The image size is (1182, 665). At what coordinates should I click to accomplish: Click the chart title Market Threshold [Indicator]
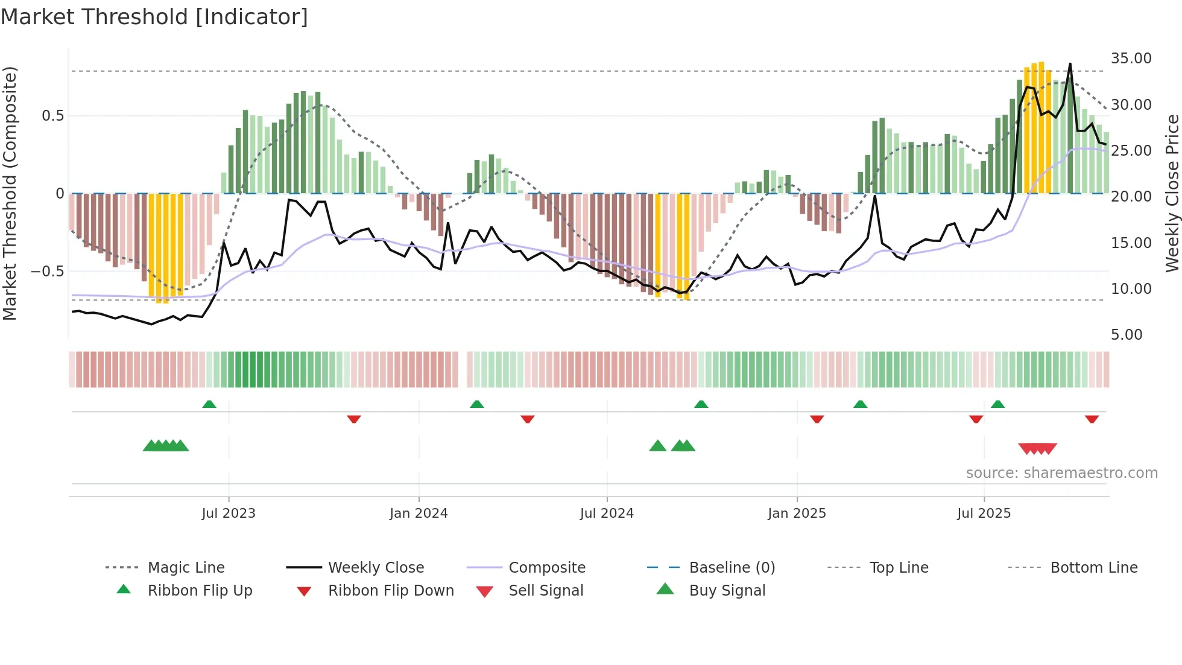(154, 17)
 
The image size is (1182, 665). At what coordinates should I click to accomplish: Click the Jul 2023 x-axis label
(229, 514)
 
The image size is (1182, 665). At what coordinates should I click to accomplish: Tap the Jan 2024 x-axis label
(419, 514)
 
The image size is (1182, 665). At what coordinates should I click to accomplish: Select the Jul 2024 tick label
(607, 514)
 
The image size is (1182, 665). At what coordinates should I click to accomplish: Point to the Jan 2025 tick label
(797, 514)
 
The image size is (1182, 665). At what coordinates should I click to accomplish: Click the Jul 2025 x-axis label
(984, 514)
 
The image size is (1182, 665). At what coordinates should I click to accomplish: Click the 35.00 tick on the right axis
(1131, 59)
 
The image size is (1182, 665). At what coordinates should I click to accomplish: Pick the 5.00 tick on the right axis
(1127, 335)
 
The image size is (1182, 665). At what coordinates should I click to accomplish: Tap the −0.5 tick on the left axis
(47, 272)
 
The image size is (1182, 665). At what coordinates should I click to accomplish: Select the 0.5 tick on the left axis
(52, 116)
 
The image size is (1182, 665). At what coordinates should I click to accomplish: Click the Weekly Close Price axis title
(1172, 193)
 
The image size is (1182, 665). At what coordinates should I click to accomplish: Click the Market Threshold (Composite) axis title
(10, 193)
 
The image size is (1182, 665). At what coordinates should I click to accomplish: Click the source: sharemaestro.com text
(1061, 473)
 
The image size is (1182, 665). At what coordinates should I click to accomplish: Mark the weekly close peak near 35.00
(1070, 63)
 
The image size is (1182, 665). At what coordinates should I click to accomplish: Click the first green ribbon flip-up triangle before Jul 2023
(209, 404)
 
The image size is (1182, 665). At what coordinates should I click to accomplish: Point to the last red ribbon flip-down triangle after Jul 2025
(1092, 419)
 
